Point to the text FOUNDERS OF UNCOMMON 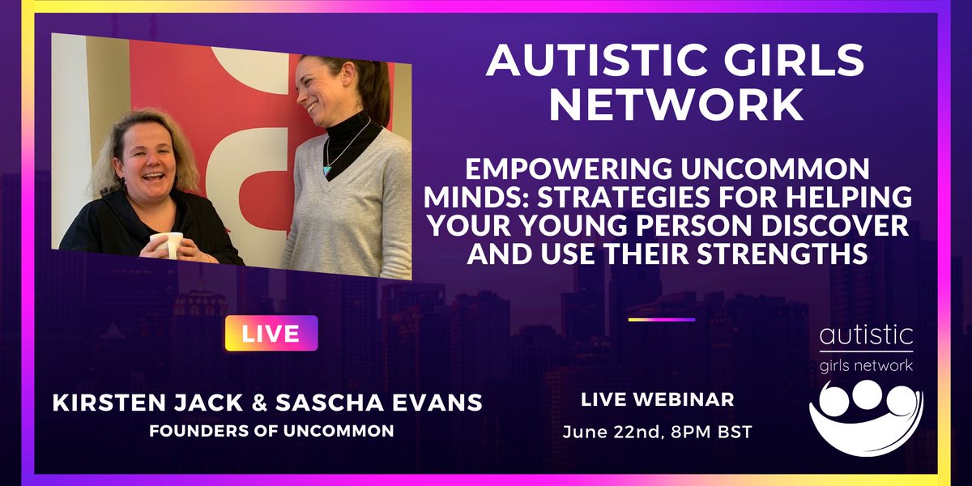pos(271,431)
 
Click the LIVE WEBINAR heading pos(658,400)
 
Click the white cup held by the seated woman pos(167,244)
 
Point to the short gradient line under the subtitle pos(662,320)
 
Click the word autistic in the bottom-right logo pos(865,335)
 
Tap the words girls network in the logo pos(865,365)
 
